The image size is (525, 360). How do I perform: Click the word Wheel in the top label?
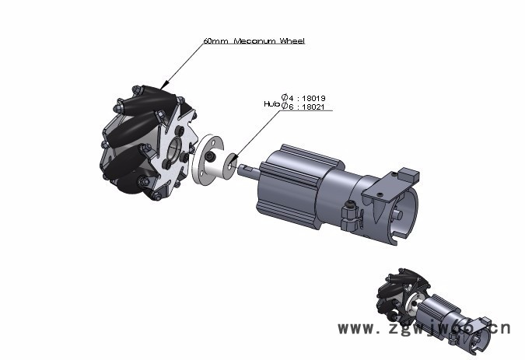[292, 40]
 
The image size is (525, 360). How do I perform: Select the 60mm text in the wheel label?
[215, 40]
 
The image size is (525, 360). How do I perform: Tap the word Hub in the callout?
[271, 103]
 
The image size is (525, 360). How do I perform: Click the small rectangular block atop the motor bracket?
[409, 173]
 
